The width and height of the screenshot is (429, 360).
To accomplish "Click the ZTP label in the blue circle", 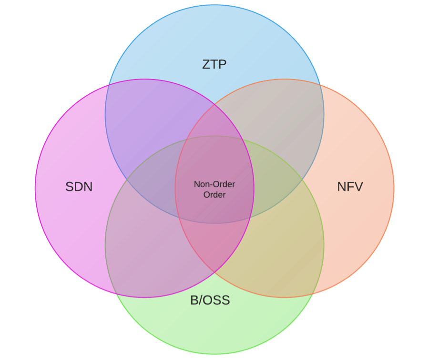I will [x=214, y=64].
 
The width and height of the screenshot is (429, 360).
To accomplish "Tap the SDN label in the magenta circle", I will [x=79, y=187].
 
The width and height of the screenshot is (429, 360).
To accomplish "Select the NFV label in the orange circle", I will [x=350, y=187].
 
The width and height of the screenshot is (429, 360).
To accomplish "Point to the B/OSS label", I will [x=210, y=300].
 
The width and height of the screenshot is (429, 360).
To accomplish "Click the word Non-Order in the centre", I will [x=214, y=184].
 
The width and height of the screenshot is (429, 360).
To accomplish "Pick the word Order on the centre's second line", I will [x=214, y=195].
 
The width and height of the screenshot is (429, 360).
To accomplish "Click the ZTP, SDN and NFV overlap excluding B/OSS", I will [x=214, y=124].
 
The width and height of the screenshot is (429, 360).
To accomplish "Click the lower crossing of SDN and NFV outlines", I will [x=214, y=273].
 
